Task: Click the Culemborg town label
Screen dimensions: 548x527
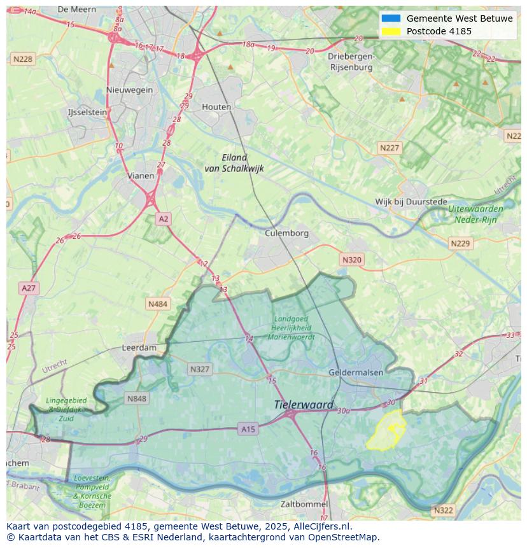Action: click(286, 233)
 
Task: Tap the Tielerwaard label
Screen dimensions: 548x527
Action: click(304, 405)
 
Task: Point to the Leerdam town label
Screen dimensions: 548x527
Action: click(139, 348)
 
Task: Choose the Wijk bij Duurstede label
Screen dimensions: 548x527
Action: click(411, 202)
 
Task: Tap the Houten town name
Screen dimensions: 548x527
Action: click(216, 107)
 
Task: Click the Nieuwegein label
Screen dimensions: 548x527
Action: click(130, 90)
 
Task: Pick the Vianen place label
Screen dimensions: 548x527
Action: click(140, 176)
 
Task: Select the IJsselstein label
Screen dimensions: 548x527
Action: click(88, 112)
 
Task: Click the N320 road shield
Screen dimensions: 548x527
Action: click(351, 260)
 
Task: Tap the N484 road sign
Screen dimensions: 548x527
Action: click(158, 304)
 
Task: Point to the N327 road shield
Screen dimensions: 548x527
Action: click(199, 369)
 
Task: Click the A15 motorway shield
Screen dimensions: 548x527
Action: click(248, 430)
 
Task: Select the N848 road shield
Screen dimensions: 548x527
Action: click(137, 399)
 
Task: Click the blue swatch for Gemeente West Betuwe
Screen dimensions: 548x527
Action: click(391, 18)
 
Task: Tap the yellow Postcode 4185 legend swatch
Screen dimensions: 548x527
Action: click(391, 31)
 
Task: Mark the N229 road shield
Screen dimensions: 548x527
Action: click(460, 244)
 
